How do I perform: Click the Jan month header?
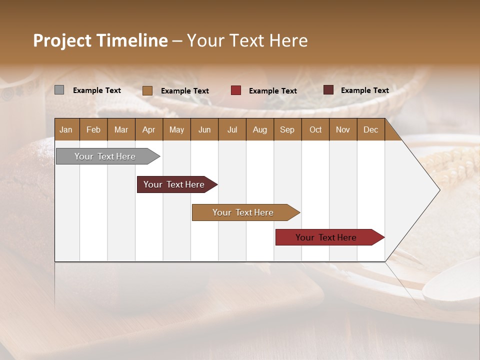[66, 130]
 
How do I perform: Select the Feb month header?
[93, 130]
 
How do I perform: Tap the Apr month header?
[148, 130]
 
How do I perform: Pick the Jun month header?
[204, 130]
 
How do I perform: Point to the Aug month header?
[259, 130]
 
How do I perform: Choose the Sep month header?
[287, 130]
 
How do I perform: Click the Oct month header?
[315, 130]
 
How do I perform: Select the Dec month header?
[370, 130]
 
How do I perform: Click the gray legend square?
[59, 90]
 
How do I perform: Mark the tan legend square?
[147, 90]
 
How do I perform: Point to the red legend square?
[235, 90]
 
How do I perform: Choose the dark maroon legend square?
[328, 90]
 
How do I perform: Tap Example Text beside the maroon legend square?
[364, 90]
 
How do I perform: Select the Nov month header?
[342, 130]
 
